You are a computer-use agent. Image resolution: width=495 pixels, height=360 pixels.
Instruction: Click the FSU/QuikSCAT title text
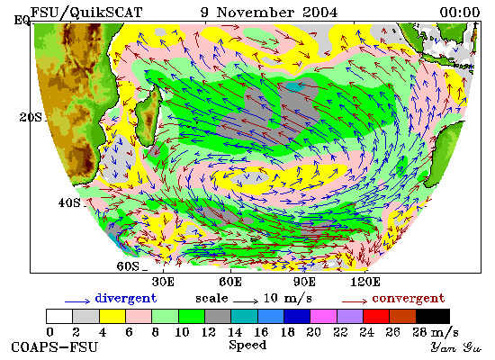coord(86,13)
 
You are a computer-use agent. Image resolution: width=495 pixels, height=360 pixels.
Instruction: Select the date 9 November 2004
coord(269,13)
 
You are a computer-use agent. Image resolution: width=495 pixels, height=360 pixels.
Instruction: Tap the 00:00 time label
coord(460,13)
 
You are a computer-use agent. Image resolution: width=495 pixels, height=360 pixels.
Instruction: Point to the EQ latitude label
coord(22,21)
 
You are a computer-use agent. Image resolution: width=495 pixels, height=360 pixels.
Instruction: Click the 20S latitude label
coord(31,118)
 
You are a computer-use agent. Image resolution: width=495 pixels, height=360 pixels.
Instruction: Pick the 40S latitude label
coord(69,202)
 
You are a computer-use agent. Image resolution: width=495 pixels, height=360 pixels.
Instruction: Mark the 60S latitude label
coord(128,266)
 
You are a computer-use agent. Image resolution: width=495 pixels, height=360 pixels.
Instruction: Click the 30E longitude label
coord(163,282)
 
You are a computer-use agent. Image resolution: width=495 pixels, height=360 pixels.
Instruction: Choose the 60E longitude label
coord(230,282)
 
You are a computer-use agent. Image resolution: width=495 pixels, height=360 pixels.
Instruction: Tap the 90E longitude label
coord(304,282)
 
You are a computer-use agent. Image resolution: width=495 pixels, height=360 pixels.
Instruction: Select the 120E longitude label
coord(365,282)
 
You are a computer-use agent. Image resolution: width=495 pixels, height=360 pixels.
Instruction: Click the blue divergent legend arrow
coord(77,301)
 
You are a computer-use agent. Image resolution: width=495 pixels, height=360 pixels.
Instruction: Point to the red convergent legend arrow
coord(355,301)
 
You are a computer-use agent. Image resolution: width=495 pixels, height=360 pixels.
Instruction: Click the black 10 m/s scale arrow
coord(246,301)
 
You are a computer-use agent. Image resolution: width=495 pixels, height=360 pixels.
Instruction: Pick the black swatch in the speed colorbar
coord(433,317)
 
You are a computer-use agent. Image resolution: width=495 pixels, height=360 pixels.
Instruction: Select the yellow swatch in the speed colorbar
coord(112,317)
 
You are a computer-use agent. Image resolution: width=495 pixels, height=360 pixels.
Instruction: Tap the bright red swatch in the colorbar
coord(376,317)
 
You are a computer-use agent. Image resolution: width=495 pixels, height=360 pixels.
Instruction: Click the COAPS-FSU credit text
coord(54,347)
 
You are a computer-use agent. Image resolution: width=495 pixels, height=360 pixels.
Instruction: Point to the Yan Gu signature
coord(456,347)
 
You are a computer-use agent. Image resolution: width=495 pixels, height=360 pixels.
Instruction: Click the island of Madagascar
coord(148,115)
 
